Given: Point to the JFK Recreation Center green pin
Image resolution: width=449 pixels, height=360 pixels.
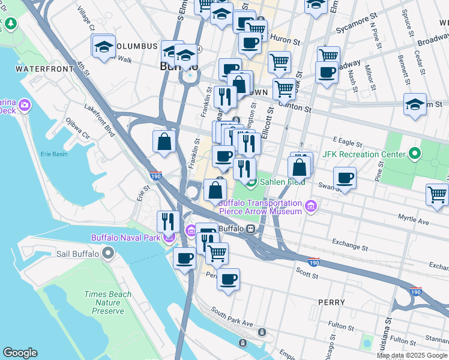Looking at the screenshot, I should pyautogui.click(x=415, y=155).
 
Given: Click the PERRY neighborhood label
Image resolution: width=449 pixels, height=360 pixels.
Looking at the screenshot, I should pyautogui.click(x=333, y=302).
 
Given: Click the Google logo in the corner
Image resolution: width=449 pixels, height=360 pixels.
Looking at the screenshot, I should pyautogui.click(x=20, y=353).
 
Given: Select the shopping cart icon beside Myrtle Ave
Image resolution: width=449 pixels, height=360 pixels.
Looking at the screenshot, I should pyautogui.click(x=437, y=194).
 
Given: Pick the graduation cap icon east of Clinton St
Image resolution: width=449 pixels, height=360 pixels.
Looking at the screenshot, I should pyautogui.click(x=415, y=104).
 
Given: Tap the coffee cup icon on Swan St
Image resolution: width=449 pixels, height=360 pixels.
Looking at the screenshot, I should pyautogui.click(x=345, y=178).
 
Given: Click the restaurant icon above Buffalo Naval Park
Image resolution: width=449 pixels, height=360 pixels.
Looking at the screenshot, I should pyautogui.click(x=168, y=221).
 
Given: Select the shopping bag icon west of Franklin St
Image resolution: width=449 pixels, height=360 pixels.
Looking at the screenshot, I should pyautogui.click(x=164, y=142).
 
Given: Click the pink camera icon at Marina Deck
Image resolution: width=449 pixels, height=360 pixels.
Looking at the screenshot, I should pyautogui.click(x=25, y=106).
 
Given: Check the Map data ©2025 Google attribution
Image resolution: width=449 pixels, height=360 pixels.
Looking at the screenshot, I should pyautogui.click(x=412, y=355).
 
